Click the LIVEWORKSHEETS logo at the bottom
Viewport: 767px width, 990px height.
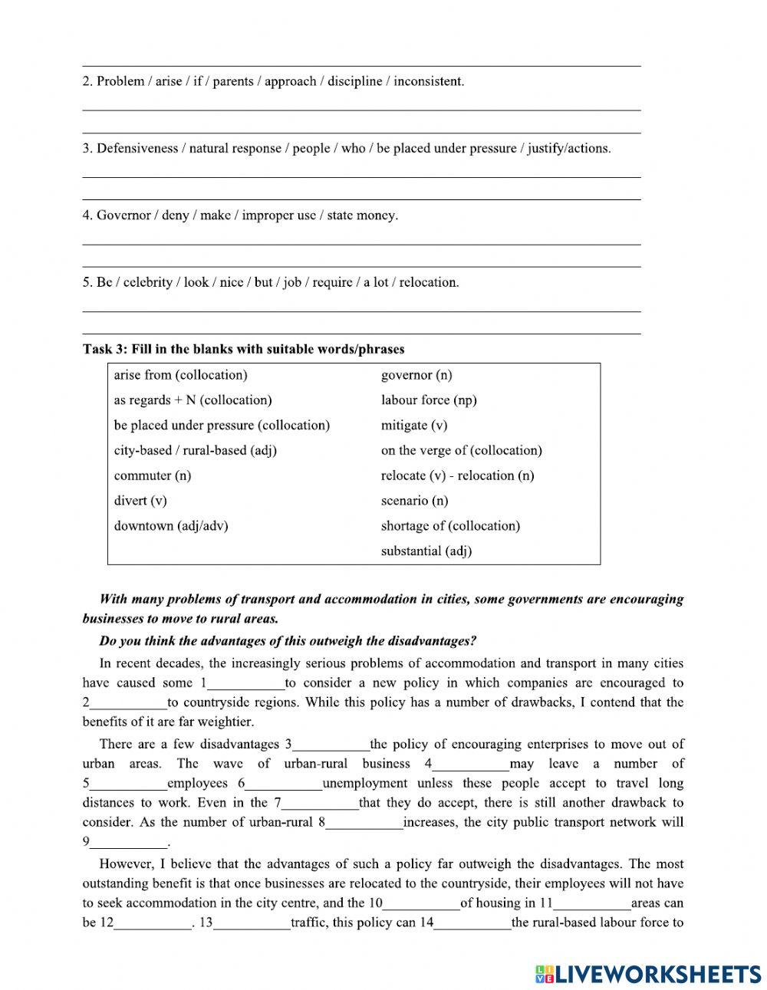648,973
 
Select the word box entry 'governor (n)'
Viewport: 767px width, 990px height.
416,375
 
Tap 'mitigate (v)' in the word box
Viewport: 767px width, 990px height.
414,425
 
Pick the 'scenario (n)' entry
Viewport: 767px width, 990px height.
414,501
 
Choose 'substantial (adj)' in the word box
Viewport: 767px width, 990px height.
426,551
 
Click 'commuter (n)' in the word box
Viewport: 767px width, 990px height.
153,475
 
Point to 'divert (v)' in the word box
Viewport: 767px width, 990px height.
140,501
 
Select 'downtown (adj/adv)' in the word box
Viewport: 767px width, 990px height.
171,526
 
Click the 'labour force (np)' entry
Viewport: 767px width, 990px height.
429,400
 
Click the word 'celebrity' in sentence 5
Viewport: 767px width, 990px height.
146,282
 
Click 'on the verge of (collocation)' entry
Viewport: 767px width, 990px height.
461,450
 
